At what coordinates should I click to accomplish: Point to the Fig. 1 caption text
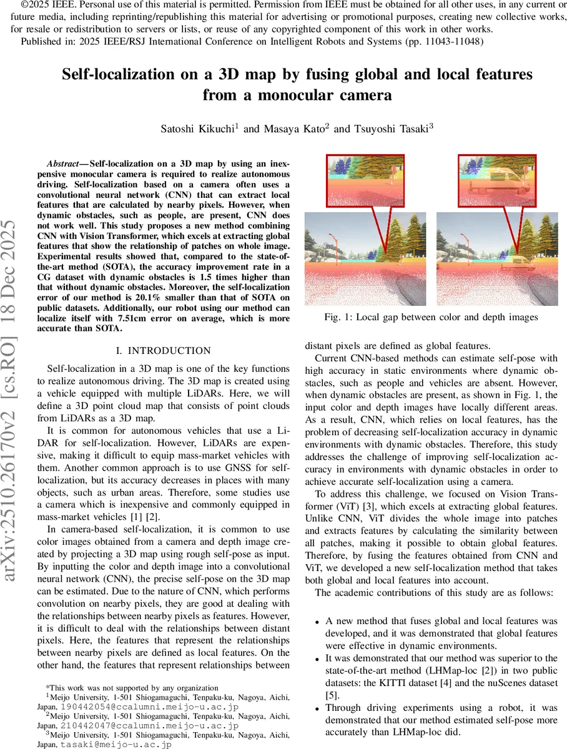tap(431, 317)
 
